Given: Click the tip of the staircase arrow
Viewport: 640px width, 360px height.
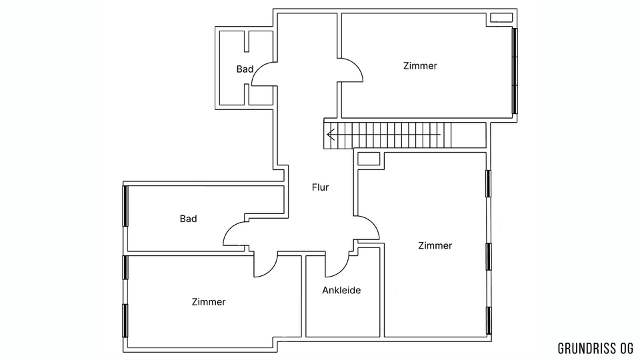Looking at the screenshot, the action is tap(327, 134).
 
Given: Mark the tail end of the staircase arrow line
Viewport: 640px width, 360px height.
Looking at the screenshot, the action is tap(441, 134).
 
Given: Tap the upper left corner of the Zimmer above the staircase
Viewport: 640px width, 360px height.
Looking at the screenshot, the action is tap(342, 13).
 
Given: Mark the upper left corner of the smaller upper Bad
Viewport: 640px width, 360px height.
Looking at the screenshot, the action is tap(220, 31).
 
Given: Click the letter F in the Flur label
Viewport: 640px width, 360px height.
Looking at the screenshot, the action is tap(314, 187).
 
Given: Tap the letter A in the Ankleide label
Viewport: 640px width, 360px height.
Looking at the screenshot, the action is tap(325, 290).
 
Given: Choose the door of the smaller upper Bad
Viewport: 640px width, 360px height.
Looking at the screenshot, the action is tap(264, 73).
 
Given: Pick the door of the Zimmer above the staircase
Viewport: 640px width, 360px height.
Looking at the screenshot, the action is tap(350, 70).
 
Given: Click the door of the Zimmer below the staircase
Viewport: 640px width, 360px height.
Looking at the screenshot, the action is tap(367, 228).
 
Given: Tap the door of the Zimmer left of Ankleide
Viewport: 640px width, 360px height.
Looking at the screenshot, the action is tap(266, 265).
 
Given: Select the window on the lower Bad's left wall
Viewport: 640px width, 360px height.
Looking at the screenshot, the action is tap(125, 206).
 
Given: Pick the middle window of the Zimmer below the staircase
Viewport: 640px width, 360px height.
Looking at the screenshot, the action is tap(488, 257).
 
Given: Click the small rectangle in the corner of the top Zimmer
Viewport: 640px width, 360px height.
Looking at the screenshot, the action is tap(501, 17).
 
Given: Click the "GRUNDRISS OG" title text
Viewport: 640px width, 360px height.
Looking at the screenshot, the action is tap(595, 349).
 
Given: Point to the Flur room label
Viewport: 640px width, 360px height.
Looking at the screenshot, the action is tap(321, 187).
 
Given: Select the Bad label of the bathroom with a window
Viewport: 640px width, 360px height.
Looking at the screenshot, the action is tap(188, 219).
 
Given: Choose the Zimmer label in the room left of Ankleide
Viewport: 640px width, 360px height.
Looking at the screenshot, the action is tap(209, 302).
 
